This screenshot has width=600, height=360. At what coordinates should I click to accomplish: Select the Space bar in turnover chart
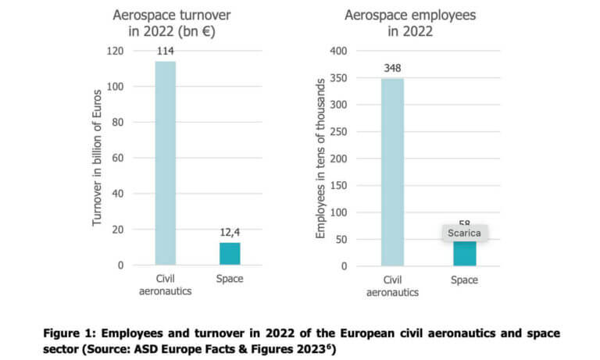coord(229,254)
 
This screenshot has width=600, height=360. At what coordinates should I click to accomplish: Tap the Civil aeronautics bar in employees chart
coord(392,172)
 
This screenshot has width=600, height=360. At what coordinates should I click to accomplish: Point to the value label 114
coord(165,52)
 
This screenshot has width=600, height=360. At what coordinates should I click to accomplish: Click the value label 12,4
coord(229,233)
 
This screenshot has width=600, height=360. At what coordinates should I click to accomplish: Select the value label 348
coord(392,68)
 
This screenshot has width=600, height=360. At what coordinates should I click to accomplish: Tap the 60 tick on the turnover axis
coord(117,158)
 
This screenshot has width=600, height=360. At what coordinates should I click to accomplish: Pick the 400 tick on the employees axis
coord(337,51)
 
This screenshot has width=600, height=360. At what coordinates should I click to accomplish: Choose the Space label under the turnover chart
coord(229,280)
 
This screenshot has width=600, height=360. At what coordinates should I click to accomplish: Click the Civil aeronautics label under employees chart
coord(392,286)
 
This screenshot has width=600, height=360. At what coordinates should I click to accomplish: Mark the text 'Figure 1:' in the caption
coord(69,333)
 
